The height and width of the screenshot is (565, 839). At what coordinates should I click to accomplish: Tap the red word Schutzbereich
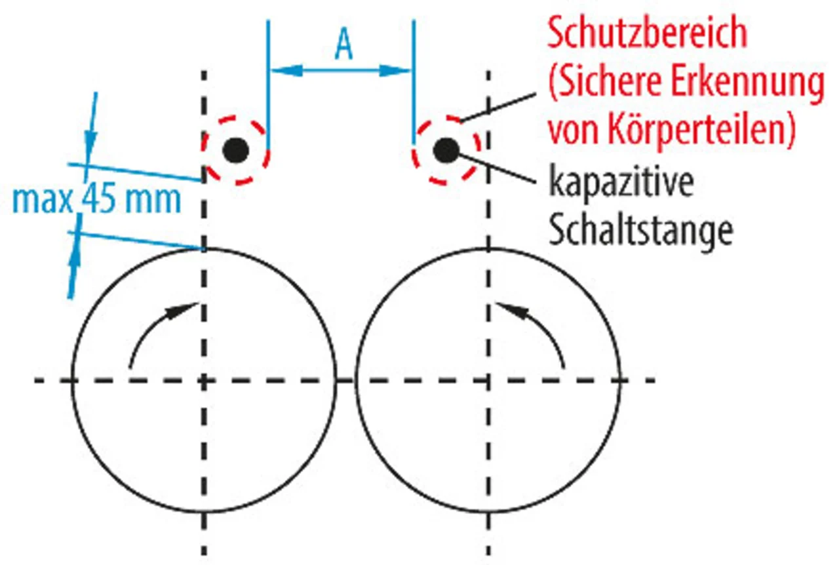(646, 34)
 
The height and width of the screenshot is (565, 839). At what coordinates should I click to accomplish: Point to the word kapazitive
(621, 185)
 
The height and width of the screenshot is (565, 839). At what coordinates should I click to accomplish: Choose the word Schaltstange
(640, 230)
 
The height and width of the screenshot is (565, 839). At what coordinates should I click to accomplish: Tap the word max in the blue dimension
(43, 199)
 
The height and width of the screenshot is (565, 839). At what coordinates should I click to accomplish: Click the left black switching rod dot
(235, 151)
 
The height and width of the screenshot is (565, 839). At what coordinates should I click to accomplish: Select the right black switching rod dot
(446, 151)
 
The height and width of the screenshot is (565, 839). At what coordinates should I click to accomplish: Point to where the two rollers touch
(345, 380)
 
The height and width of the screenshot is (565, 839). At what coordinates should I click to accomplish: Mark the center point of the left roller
(205, 380)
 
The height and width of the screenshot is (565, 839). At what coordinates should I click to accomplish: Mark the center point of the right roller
(487, 380)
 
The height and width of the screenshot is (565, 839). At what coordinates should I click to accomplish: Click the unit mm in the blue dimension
(157, 199)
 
